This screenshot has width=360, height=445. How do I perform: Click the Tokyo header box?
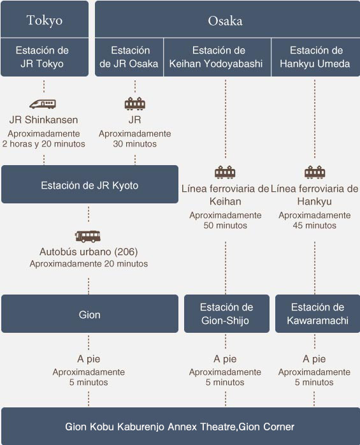[45, 19]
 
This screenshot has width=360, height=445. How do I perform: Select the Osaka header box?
[227, 19]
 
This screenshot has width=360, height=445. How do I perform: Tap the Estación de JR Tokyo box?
[45, 57]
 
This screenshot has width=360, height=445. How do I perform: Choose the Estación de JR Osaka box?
[129, 57]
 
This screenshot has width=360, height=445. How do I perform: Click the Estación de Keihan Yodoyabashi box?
[217, 57]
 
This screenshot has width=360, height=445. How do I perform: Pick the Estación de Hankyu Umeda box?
[316, 57]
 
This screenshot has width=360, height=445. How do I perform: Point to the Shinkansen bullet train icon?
[43, 104]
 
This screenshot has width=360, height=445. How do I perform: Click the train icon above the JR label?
[135, 103]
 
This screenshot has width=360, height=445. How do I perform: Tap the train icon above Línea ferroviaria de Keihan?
[226, 172]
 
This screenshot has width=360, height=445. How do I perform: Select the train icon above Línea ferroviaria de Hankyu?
[315, 172]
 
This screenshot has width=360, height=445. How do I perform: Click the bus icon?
[88, 236]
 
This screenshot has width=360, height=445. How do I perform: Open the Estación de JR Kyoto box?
[90, 184]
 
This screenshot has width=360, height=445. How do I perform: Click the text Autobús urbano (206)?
[89, 252]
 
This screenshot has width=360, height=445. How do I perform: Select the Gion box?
[90, 314]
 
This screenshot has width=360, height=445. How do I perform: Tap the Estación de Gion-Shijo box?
[227, 314]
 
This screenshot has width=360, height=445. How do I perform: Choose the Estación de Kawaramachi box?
[318, 314]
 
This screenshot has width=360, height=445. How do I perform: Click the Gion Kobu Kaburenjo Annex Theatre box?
[180, 426]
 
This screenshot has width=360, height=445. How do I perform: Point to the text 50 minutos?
[226, 226]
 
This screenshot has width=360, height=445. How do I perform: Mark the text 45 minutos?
[315, 226]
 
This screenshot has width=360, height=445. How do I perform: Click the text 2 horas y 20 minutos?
[44, 144]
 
